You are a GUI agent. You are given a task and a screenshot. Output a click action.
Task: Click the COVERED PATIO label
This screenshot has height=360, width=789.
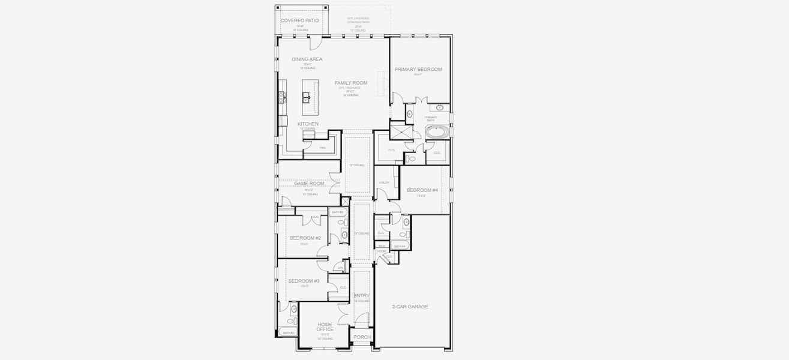[299, 20]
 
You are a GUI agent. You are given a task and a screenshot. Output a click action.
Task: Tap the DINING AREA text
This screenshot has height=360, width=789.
[307, 59]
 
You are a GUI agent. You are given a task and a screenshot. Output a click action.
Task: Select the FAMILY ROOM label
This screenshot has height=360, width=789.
[351, 83]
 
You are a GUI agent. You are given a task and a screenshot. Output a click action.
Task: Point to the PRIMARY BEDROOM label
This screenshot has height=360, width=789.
[418, 70]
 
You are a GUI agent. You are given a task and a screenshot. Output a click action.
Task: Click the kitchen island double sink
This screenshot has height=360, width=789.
[305, 97]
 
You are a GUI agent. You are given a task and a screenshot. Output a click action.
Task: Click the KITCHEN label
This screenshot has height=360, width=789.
[308, 124]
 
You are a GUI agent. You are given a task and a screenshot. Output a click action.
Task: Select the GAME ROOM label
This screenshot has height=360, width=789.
[309, 184]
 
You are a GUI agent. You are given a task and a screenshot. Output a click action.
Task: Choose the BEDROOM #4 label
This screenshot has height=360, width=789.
[422, 190]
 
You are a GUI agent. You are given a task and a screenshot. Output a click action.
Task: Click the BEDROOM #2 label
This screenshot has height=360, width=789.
[305, 238]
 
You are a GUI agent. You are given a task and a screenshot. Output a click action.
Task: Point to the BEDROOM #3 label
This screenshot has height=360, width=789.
[304, 281]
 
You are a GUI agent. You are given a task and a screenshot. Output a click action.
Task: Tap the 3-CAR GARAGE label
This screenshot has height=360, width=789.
[410, 307]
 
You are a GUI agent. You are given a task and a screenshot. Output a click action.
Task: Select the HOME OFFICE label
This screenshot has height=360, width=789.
[325, 327]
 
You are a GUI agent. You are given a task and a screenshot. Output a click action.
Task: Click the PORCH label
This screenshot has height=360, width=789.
[362, 337]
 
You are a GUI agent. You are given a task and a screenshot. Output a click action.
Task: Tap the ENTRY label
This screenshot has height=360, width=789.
[362, 296]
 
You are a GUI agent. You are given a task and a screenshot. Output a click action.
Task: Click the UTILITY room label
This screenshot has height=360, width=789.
[385, 182]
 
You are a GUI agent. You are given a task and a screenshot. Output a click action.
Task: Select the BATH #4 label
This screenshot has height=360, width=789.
[400, 246]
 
